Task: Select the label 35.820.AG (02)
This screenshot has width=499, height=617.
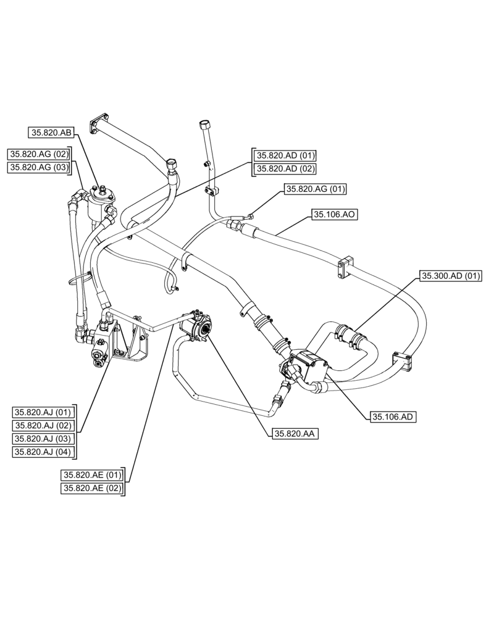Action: (39, 154)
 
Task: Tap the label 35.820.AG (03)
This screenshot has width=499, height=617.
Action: (39, 167)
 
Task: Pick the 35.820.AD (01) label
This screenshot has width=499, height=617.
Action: (286, 155)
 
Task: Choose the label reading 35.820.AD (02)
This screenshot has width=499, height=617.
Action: (286, 168)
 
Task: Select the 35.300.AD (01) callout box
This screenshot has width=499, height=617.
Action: (451, 276)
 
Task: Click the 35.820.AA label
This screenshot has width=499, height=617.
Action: (293, 434)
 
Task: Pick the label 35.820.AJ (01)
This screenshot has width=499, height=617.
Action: (44, 412)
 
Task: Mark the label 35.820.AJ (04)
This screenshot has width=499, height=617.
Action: (44, 452)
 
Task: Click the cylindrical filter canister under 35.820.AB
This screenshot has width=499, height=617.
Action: (98, 205)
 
